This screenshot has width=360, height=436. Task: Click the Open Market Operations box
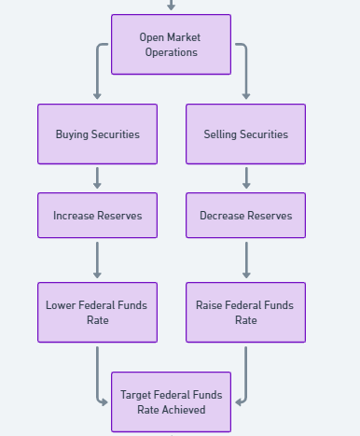pyautogui.click(x=171, y=44)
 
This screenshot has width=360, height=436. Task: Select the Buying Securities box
pyautogui.click(x=97, y=134)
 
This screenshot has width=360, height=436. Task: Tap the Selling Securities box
pyautogui.click(x=245, y=134)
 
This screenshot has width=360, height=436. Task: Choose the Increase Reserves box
pyautogui.click(x=97, y=215)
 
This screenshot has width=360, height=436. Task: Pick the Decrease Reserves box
pyautogui.click(x=245, y=215)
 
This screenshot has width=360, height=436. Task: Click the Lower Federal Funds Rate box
pyautogui.click(x=97, y=312)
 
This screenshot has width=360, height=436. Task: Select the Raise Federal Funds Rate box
pyautogui.click(x=245, y=312)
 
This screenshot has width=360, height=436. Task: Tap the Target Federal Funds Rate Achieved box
pyautogui.click(x=171, y=401)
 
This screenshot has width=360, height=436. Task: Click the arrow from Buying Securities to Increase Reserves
pyautogui.click(x=97, y=178)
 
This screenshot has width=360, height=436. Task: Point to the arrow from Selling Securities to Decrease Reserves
pyautogui.click(x=246, y=178)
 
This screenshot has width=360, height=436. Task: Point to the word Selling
pyautogui.click(x=221, y=134)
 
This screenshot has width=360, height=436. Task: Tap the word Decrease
pyautogui.click(x=222, y=215)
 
